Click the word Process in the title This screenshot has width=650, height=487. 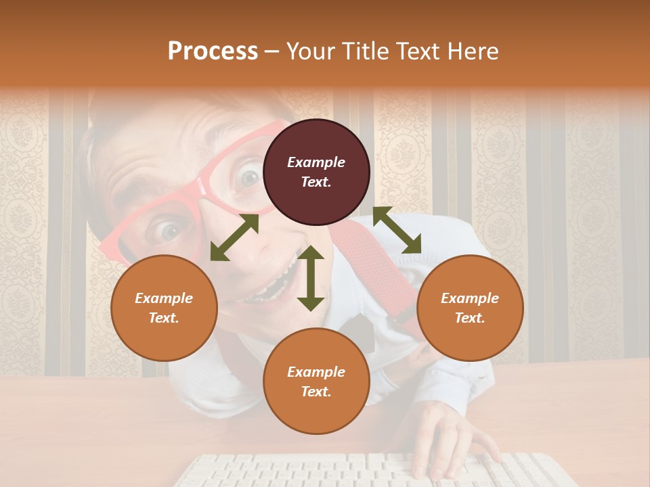[213, 51]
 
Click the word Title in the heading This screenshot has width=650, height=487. [362, 51]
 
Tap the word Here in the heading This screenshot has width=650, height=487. [471, 51]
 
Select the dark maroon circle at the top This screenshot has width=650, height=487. [316, 172]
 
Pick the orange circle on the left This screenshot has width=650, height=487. [164, 308]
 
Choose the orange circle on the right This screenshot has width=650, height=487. [470, 308]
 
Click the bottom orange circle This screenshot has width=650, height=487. [316, 381]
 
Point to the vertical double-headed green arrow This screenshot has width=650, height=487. [311, 278]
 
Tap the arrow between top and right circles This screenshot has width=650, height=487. [397, 230]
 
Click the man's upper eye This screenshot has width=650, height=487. [250, 177]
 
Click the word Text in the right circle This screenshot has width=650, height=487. [469, 318]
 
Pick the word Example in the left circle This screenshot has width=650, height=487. [164, 298]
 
